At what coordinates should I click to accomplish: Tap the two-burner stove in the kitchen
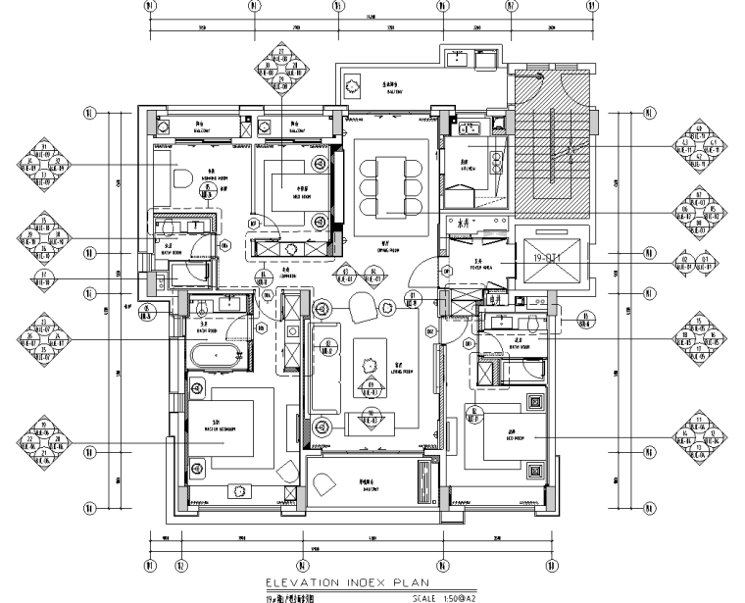458,61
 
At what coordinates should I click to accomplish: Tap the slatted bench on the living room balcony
424,479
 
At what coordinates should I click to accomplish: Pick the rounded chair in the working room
184,180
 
